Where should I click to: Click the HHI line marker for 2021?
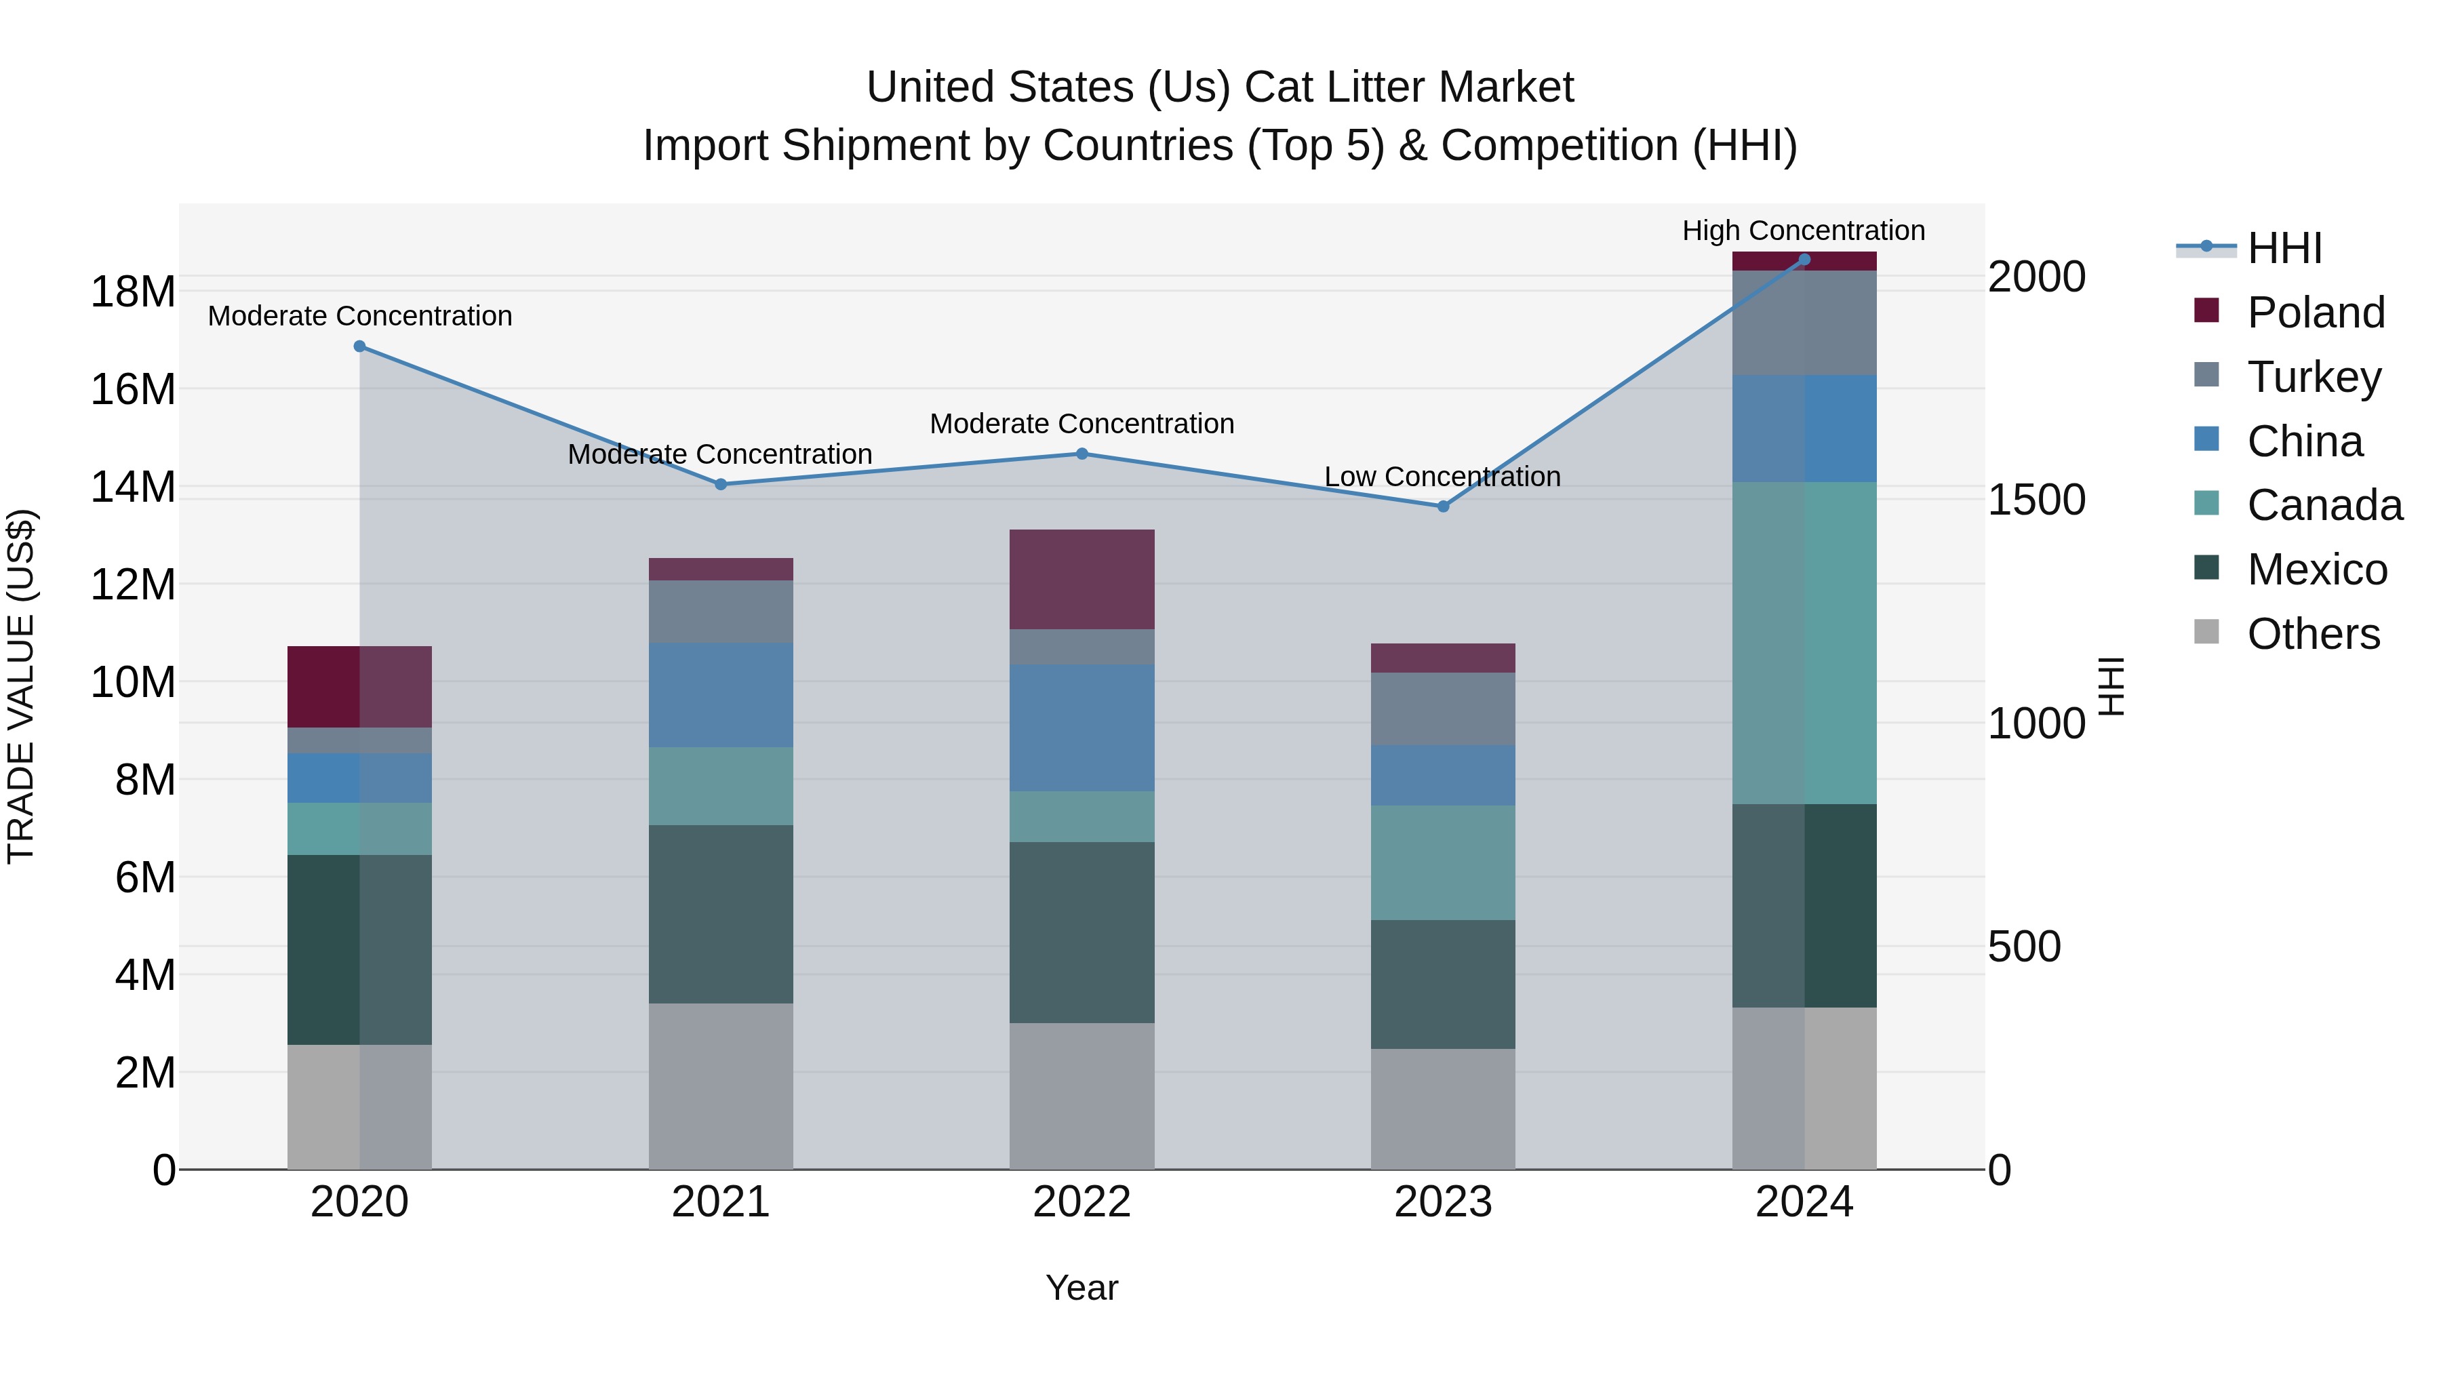(x=720, y=484)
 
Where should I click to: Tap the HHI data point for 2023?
(x=1442, y=506)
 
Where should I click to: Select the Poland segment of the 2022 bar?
(x=1081, y=579)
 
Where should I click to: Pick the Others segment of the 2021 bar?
(x=720, y=1086)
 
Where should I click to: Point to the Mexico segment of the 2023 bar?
(x=1442, y=984)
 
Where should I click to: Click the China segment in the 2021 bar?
(x=720, y=694)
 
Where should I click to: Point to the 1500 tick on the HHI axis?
(x=2036, y=500)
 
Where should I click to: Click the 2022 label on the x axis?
(x=1081, y=1202)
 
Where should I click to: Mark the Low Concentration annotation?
(x=1442, y=477)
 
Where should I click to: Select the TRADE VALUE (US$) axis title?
(x=21, y=686)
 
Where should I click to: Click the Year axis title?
(x=1081, y=1288)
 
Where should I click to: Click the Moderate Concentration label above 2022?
(x=1081, y=424)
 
